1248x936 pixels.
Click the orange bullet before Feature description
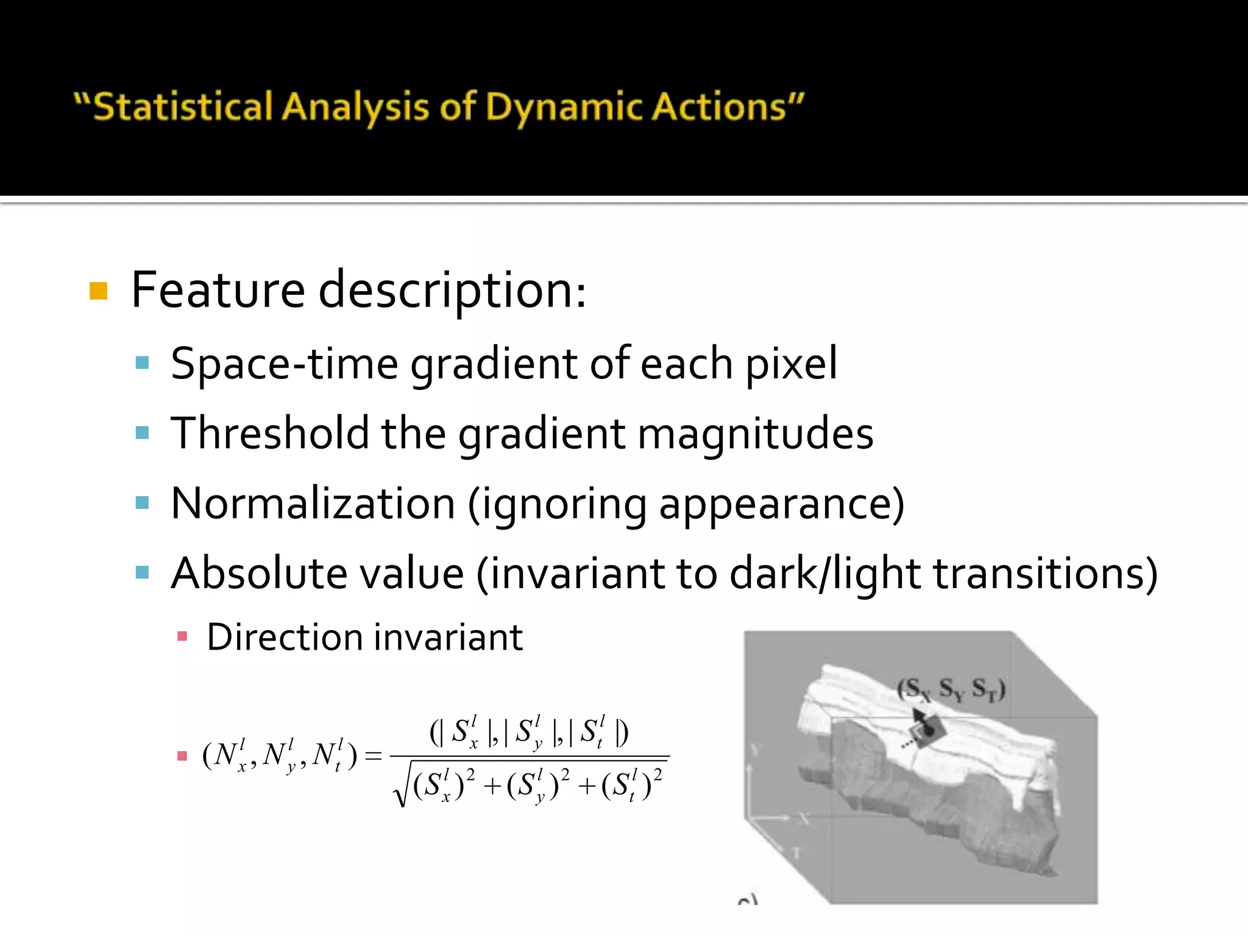pyautogui.click(x=98, y=291)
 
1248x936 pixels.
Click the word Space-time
pyautogui.click(x=284, y=364)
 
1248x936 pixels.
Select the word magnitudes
pyautogui.click(x=756, y=433)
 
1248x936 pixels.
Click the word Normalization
pyautogui.click(x=313, y=503)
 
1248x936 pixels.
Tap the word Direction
pyautogui.click(x=285, y=637)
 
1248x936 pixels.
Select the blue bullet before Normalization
pyautogui.click(x=143, y=503)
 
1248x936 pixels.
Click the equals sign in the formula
pyautogui.click(x=372, y=756)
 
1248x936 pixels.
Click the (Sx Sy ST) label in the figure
pyautogui.click(x=951, y=689)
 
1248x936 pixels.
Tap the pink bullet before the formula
pyautogui.click(x=182, y=756)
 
